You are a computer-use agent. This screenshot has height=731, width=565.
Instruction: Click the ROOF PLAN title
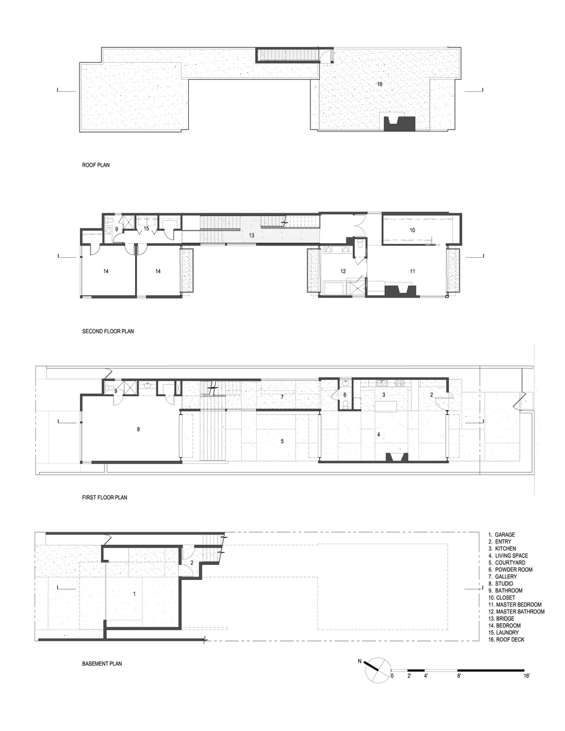pyautogui.click(x=96, y=165)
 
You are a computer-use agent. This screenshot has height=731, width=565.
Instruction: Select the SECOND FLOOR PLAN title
pyautogui.click(x=108, y=331)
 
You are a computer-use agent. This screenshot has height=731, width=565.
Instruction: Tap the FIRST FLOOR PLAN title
pyautogui.click(x=104, y=497)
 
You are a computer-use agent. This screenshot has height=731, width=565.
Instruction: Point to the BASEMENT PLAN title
pyautogui.click(x=102, y=664)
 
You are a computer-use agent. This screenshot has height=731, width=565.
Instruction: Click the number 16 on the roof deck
pyautogui.click(x=380, y=84)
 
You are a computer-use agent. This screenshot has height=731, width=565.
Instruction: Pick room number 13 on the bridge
pyautogui.click(x=252, y=235)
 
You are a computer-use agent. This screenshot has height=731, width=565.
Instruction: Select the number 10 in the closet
pyautogui.click(x=412, y=230)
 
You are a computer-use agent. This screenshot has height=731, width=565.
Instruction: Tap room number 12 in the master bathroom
pyautogui.click(x=343, y=271)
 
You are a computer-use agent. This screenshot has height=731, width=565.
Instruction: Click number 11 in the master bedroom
pyautogui.click(x=412, y=271)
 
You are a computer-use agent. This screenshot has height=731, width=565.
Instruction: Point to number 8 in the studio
pyautogui.click(x=138, y=429)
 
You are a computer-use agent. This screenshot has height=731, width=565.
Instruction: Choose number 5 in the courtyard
pyautogui.click(x=282, y=441)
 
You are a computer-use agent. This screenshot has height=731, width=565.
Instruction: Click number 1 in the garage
pyautogui.click(x=134, y=594)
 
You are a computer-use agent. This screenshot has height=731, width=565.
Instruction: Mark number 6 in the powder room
pyautogui.click(x=345, y=395)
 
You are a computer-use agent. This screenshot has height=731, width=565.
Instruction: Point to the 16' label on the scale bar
pyautogui.click(x=526, y=675)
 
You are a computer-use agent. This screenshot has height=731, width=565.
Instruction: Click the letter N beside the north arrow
pyautogui.click(x=360, y=661)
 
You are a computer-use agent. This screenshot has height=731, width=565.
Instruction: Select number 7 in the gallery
pyautogui.click(x=282, y=397)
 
